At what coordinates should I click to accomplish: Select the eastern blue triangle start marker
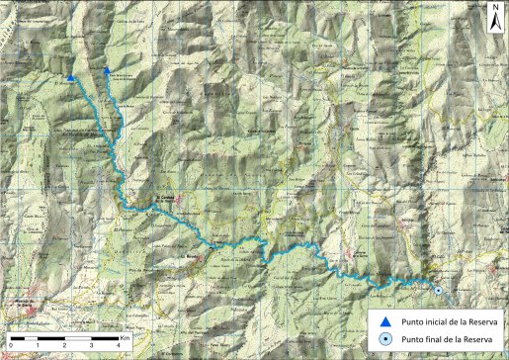tap(106, 70)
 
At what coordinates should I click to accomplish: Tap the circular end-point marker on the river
tap(438, 290)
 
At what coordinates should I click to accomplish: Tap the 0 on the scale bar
tap(11, 344)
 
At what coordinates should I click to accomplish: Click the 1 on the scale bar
tap(38, 344)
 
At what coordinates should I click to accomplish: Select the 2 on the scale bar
tap(64, 344)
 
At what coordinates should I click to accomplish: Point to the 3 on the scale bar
tap(91, 344)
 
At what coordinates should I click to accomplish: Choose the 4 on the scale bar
tap(118, 344)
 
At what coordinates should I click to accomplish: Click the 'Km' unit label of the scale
tap(126, 337)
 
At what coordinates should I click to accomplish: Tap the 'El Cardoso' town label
tap(164, 199)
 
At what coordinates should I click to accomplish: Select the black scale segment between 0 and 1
tap(24, 337)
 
